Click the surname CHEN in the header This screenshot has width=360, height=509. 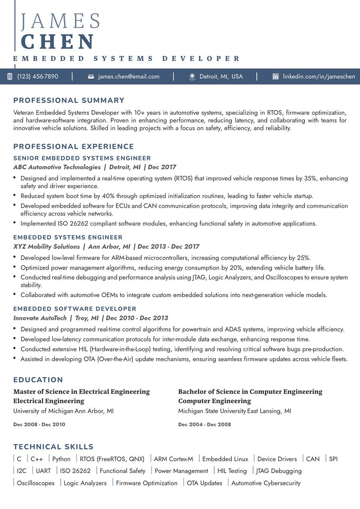[x=58, y=42]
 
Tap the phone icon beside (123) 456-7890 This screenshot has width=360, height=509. [x=10, y=76]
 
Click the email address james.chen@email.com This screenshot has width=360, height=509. [x=129, y=76]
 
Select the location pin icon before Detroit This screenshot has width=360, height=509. [x=192, y=76]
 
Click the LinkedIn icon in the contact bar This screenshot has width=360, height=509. [x=276, y=76]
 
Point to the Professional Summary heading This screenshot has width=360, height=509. [x=69, y=100]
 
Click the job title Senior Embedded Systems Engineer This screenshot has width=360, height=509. [x=82, y=158]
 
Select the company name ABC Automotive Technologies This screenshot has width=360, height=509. [x=57, y=167]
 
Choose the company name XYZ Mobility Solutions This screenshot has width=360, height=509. [x=46, y=247]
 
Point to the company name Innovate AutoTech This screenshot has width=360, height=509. [x=40, y=318]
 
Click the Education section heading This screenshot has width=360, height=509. [x=38, y=380]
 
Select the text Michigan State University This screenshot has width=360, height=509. [x=212, y=411]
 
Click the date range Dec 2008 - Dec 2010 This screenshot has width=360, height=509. [x=39, y=424]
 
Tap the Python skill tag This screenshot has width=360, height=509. [x=61, y=459]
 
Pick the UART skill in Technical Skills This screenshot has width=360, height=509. [x=43, y=471]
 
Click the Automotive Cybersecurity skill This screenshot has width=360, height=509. [x=266, y=483]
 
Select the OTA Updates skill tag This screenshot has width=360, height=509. [x=204, y=483]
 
